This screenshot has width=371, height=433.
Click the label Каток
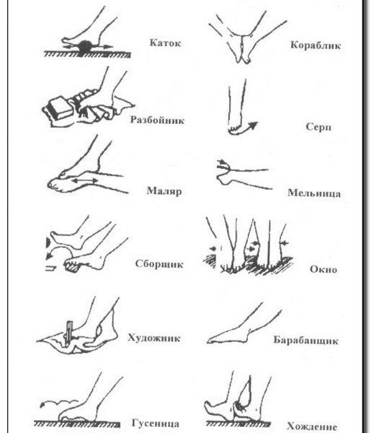(x=165, y=43)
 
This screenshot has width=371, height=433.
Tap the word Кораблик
(x=316, y=45)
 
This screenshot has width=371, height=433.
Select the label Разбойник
(x=157, y=120)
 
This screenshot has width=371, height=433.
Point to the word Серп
(x=318, y=127)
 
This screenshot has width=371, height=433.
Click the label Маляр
(x=164, y=191)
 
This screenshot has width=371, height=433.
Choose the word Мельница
(x=314, y=193)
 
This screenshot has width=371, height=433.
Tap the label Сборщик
(x=159, y=264)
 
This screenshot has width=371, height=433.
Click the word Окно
(x=323, y=269)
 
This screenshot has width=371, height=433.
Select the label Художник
(x=153, y=338)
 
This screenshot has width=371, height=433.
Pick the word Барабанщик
(x=305, y=340)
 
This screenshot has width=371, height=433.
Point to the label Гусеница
(x=155, y=423)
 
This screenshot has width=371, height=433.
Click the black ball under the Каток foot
(x=86, y=47)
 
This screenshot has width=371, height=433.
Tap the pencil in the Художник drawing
(x=68, y=333)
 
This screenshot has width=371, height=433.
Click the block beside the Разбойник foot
(x=61, y=108)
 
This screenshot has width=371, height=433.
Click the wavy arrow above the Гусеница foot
(x=58, y=403)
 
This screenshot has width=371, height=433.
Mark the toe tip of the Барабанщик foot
(x=208, y=341)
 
